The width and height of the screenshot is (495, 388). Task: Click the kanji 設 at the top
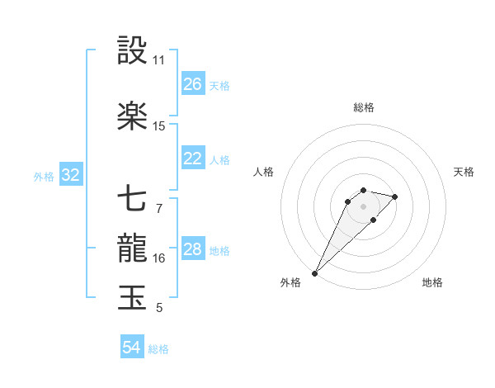(133, 51)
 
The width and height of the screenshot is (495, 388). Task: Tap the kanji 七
(133, 199)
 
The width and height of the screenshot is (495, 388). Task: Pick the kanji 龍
(133, 248)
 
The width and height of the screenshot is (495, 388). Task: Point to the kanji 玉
(133, 298)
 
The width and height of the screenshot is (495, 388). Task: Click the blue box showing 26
(193, 84)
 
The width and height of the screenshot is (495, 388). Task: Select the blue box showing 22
(193, 159)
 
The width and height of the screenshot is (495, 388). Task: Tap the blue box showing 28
(193, 249)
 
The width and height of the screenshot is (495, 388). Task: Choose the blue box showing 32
(71, 175)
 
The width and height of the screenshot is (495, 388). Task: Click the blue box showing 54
(132, 348)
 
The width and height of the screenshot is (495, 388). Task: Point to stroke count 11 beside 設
(159, 60)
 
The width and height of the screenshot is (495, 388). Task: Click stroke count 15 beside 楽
(159, 126)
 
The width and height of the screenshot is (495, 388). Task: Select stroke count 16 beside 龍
(159, 258)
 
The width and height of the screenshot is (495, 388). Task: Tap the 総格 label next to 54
(158, 349)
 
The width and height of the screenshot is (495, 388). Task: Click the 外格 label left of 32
(44, 176)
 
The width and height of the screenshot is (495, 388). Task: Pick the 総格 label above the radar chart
(363, 107)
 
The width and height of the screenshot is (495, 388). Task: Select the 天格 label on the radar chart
(464, 172)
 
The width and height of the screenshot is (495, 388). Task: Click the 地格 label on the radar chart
(432, 282)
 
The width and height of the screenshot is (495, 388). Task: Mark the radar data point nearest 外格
(315, 272)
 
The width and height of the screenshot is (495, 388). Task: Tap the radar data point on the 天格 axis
(395, 196)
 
